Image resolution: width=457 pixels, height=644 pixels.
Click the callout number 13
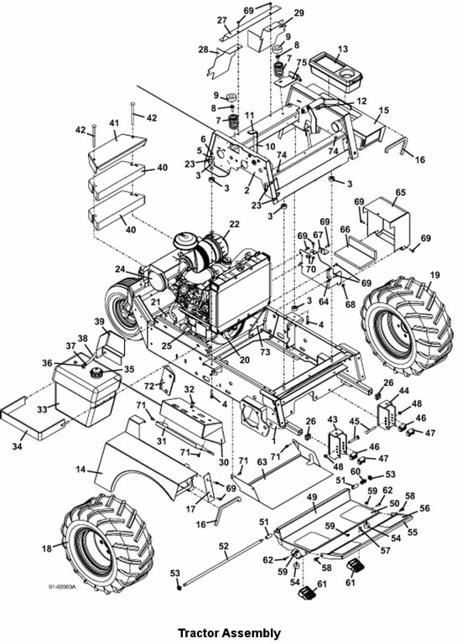(342, 49)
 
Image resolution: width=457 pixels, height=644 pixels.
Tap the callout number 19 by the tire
(434, 275)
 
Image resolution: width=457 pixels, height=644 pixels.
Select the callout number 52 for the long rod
(223, 546)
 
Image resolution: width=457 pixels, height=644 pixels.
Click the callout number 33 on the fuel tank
(43, 409)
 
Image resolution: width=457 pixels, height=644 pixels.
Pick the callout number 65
(400, 192)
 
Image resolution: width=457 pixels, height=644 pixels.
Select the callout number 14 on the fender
(81, 469)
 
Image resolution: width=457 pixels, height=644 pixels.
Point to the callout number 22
(234, 224)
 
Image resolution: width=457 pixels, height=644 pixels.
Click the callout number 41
(114, 122)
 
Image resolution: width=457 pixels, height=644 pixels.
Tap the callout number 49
(312, 497)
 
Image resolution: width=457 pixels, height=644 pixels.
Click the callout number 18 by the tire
(47, 548)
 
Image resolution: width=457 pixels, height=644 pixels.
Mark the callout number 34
(17, 445)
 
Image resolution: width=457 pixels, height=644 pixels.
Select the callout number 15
(383, 111)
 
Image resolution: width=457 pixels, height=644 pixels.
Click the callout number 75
(302, 62)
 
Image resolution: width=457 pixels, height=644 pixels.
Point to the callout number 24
(120, 269)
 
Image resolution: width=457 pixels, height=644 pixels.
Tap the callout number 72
(149, 386)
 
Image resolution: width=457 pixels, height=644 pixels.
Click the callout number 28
(203, 49)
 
